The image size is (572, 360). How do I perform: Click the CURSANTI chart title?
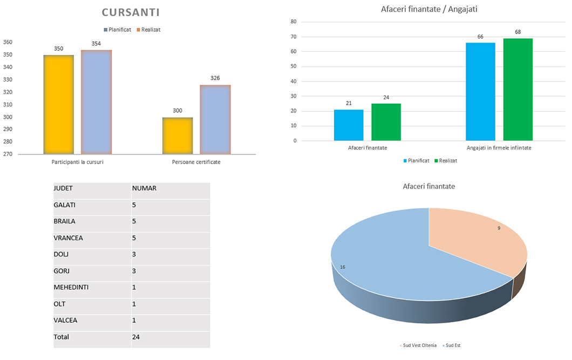pyautogui.click(x=131, y=12)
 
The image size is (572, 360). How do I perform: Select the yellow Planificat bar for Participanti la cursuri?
pyautogui.click(x=59, y=104)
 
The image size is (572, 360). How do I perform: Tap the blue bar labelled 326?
pyautogui.click(x=215, y=119)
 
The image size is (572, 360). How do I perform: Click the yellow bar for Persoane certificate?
pyautogui.click(x=178, y=135)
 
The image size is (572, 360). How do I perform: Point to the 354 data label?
pyautogui.click(x=96, y=44)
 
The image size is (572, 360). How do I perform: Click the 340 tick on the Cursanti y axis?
pyautogui.click(x=8, y=67)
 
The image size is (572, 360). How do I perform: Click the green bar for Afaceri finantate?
pyautogui.click(x=386, y=122)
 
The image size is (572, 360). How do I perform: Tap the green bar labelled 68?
pyautogui.click(x=518, y=89)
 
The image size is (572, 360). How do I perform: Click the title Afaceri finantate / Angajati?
pyautogui.click(x=429, y=9)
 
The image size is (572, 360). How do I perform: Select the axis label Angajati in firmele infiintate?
pyautogui.click(x=499, y=147)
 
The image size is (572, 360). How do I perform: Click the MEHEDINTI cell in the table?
pyautogui.click(x=71, y=287)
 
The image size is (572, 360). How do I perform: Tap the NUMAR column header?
pyautogui.click(x=144, y=188)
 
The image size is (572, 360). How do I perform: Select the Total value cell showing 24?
pyautogui.click(x=136, y=337)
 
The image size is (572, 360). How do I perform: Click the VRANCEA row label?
pyautogui.click(x=68, y=238)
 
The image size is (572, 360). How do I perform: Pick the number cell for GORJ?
pyautogui.click(x=134, y=271)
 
